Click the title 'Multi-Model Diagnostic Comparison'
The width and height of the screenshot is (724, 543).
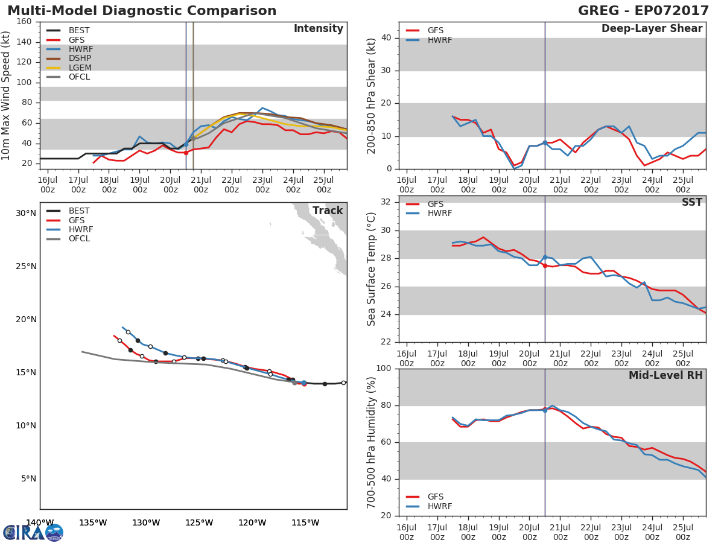(x=142, y=11)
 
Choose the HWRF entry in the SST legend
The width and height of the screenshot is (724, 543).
(x=439, y=214)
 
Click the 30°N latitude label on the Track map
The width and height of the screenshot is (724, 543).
(x=26, y=213)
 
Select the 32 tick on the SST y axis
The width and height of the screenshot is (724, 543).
(x=386, y=202)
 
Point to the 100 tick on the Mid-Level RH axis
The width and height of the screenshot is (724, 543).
(x=384, y=369)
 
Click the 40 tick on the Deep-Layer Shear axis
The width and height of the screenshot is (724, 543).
(x=386, y=38)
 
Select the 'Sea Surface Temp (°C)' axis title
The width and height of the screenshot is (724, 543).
(x=372, y=269)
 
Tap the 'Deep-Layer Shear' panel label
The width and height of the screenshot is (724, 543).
(x=652, y=29)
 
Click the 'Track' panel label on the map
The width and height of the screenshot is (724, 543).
(x=327, y=211)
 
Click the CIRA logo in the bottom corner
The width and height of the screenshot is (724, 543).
(x=33, y=533)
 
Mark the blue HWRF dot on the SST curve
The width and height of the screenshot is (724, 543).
(x=545, y=258)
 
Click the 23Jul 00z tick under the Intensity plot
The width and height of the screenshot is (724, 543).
(x=262, y=183)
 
